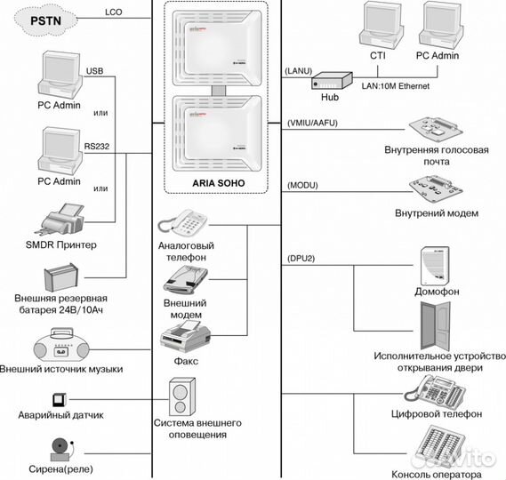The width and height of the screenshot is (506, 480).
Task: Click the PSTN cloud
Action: tap(46, 21)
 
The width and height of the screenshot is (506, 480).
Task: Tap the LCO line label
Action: tap(114, 12)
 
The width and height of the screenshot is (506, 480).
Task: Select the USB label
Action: tap(94, 71)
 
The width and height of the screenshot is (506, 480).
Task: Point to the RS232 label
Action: tap(97, 146)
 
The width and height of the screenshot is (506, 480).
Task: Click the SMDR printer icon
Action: tap(63, 220)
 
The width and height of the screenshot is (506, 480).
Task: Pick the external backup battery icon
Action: tap(61, 277)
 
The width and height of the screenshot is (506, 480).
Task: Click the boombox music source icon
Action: tap(61, 345)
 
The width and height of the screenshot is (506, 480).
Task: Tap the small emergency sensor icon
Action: tap(60, 400)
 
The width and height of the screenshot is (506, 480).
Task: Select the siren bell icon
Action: tap(62, 450)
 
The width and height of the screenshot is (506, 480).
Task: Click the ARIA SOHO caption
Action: tap(219, 183)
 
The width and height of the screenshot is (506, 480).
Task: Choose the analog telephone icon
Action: tap(182, 223)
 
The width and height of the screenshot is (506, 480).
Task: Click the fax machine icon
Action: tap(185, 339)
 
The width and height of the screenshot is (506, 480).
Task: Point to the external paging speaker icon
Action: tap(182, 397)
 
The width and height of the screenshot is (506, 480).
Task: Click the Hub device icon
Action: tap(332, 81)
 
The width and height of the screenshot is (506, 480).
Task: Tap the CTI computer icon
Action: tap(382, 25)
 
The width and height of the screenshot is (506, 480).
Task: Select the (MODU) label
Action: tap(302, 186)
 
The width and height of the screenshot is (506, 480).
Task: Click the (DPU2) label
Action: tap(301, 259)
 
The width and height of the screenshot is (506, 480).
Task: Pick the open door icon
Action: tap(436, 326)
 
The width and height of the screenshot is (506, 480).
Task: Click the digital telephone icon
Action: tap(434, 391)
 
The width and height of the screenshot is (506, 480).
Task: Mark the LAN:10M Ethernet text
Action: tap(396, 86)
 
